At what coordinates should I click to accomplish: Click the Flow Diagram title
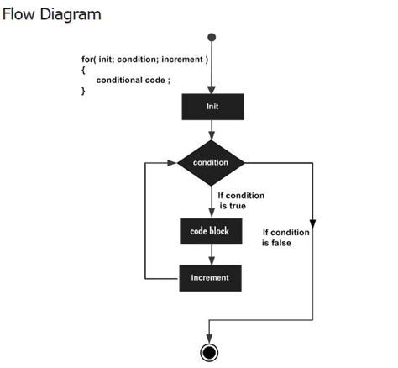52,14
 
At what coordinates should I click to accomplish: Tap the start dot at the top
212,37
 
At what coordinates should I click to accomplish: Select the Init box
212,107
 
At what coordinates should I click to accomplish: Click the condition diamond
212,161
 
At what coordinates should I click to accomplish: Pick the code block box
211,231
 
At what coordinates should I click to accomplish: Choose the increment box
211,277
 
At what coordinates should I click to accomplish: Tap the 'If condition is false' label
285,238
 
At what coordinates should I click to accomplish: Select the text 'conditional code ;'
134,80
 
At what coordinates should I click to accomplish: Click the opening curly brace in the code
83,70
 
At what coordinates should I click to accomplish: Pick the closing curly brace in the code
83,91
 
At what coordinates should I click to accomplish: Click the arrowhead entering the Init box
212,89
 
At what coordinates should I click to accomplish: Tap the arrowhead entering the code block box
212,214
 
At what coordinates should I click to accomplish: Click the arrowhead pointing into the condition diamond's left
173,161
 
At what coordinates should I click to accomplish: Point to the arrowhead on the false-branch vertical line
312,223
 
